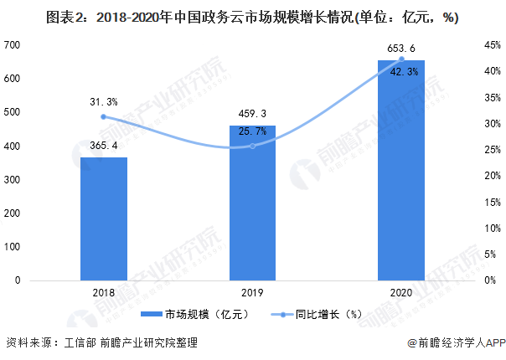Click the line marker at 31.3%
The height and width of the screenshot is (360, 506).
[x=104, y=116]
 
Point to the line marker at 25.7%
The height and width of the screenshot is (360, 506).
[x=252, y=146]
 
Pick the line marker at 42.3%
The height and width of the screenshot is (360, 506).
[x=401, y=59]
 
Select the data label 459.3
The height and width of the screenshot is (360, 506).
[x=252, y=115]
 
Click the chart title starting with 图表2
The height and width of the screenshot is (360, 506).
[x=253, y=17]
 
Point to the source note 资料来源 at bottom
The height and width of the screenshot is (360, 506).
[x=101, y=342]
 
